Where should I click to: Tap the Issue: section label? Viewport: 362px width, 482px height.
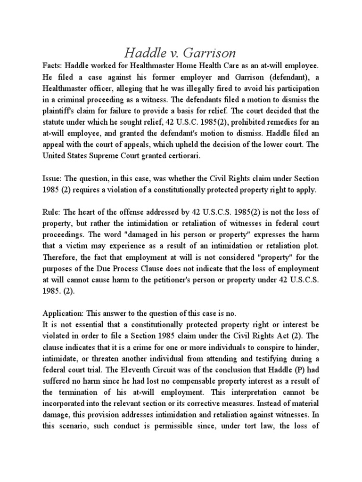(52, 179)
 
